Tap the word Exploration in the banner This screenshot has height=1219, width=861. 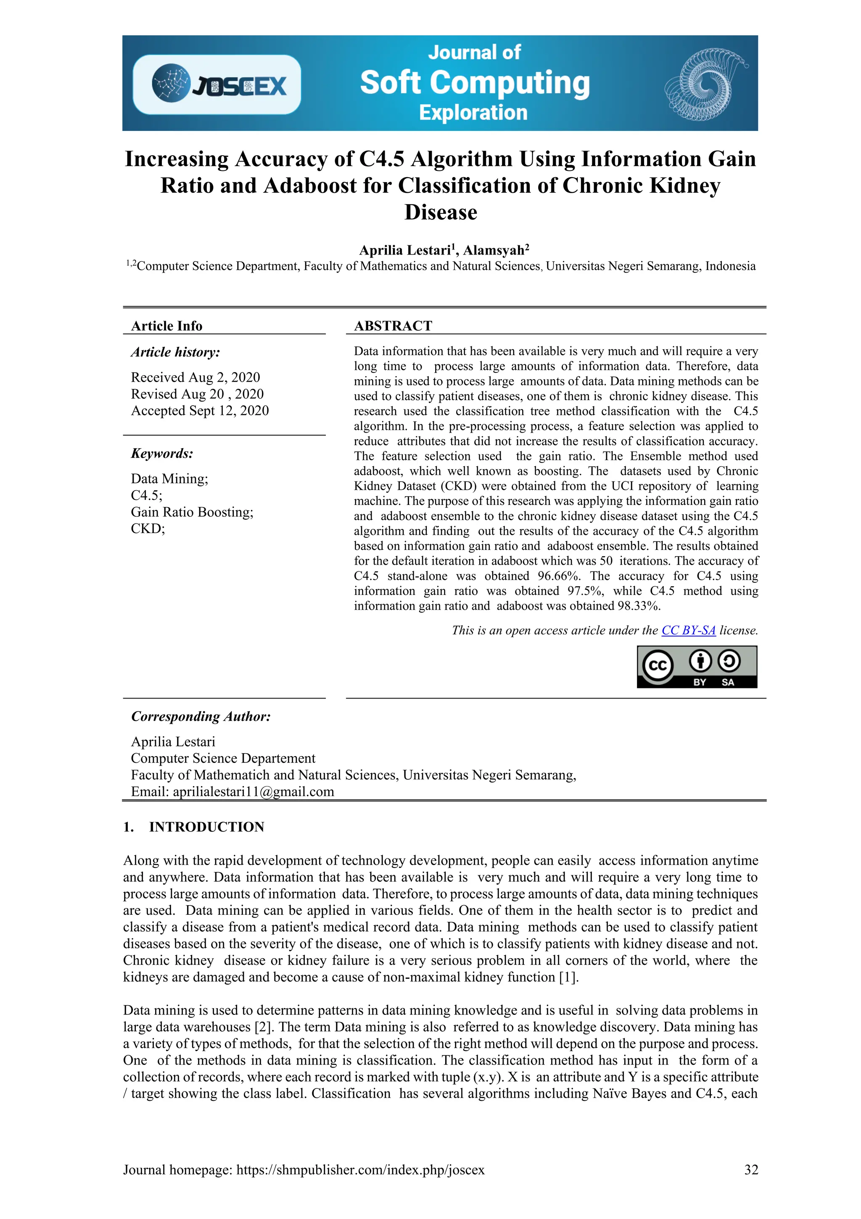473,112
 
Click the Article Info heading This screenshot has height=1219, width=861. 166,326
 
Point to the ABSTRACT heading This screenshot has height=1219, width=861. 393,326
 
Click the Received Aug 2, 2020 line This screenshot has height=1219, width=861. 195,377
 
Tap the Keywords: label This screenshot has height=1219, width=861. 162,454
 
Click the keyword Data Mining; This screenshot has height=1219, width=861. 169,478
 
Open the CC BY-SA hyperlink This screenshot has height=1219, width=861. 688,630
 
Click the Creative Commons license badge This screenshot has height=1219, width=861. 697,667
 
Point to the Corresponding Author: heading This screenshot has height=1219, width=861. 201,716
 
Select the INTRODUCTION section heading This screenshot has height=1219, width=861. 206,827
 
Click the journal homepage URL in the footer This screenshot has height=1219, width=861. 360,1170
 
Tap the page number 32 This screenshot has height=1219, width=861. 751,1170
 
